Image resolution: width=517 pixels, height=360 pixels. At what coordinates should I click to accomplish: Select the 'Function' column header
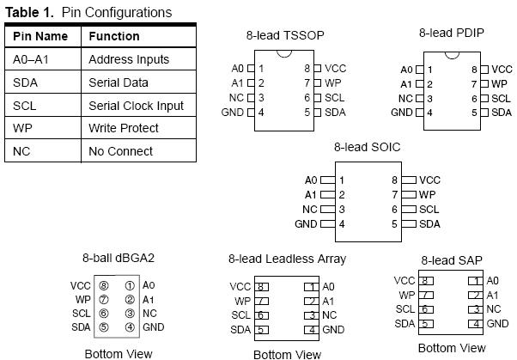point(114,37)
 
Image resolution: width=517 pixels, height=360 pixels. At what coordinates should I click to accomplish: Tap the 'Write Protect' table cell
point(123,128)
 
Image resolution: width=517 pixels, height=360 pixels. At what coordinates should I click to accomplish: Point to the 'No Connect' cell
point(120,151)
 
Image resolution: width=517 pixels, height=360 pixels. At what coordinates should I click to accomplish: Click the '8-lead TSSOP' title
point(286,35)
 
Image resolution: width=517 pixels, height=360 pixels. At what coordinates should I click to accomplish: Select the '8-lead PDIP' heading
point(451,34)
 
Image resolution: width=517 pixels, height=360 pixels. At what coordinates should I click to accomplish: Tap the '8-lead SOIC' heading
point(367,147)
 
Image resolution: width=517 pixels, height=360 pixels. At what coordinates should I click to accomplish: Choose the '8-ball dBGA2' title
point(118,257)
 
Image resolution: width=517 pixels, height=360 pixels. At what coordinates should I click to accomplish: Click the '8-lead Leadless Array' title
point(287,258)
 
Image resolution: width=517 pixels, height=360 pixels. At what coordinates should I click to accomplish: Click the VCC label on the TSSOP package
point(335,68)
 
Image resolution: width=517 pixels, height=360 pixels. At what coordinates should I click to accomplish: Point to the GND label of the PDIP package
point(401,113)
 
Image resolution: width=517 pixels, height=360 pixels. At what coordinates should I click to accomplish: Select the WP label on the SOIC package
point(427,195)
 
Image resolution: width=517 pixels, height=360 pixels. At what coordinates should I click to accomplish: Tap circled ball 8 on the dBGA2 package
point(104,285)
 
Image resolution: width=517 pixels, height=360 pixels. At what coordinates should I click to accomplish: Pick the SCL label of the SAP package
point(404,309)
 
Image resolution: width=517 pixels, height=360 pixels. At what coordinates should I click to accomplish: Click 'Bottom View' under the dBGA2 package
point(118,353)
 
